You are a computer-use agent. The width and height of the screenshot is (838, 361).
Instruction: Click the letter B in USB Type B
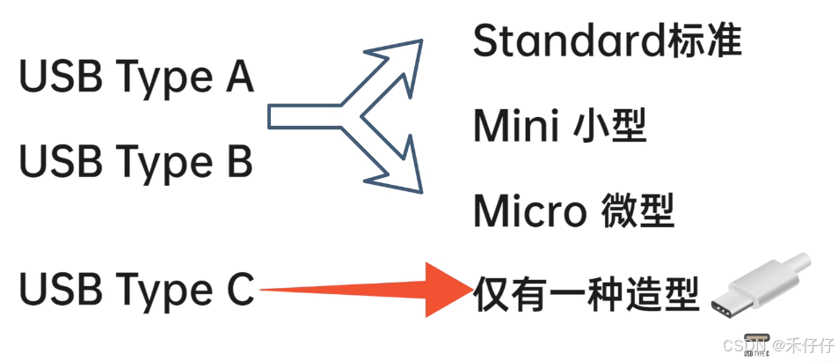coord(237,162)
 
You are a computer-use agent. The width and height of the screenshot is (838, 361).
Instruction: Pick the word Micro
coord(530,210)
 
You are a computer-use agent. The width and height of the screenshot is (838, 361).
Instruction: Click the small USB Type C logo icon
coord(755,343)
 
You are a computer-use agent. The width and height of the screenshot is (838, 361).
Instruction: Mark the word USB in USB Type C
coord(52,290)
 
